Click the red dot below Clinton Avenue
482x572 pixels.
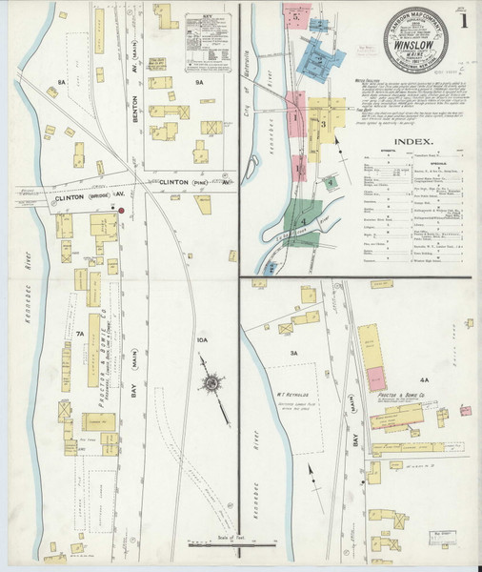(x=122, y=210)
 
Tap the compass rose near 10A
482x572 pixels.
(x=210, y=384)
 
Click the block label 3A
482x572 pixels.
(x=294, y=354)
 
